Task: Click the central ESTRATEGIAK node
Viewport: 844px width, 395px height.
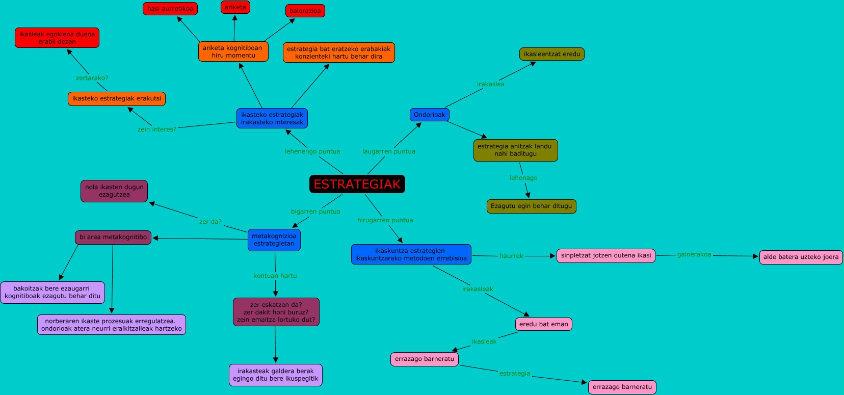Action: point(357,184)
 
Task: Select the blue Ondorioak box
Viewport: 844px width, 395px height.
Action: point(429,115)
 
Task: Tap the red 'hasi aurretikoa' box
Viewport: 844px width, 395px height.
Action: point(170,9)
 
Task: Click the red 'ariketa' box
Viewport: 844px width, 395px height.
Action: point(235,7)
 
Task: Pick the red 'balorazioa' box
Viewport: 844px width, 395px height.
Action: point(305,11)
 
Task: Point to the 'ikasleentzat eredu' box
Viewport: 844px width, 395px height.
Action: point(551,54)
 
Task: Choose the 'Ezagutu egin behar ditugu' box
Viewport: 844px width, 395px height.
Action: point(531,206)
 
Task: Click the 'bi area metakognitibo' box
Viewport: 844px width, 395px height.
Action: point(113,237)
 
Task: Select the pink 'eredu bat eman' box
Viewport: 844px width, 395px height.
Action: point(543,324)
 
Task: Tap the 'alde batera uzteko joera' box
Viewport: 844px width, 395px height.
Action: point(800,257)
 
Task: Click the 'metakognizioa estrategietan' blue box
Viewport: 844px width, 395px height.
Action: point(274,240)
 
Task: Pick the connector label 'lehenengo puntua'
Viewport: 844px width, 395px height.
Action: point(312,151)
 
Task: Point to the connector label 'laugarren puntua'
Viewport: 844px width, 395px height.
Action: point(388,151)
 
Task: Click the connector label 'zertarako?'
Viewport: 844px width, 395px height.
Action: point(92,78)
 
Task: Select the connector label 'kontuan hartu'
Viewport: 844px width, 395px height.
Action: point(275,276)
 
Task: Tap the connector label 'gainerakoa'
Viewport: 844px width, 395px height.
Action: point(694,254)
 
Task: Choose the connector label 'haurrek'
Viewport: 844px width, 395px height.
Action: point(511,256)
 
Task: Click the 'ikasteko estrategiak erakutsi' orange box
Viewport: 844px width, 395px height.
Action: point(116,98)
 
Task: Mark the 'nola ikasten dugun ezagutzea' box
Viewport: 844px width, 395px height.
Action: point(114,191)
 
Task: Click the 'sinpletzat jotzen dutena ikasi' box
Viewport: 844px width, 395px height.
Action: point(605,255)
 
